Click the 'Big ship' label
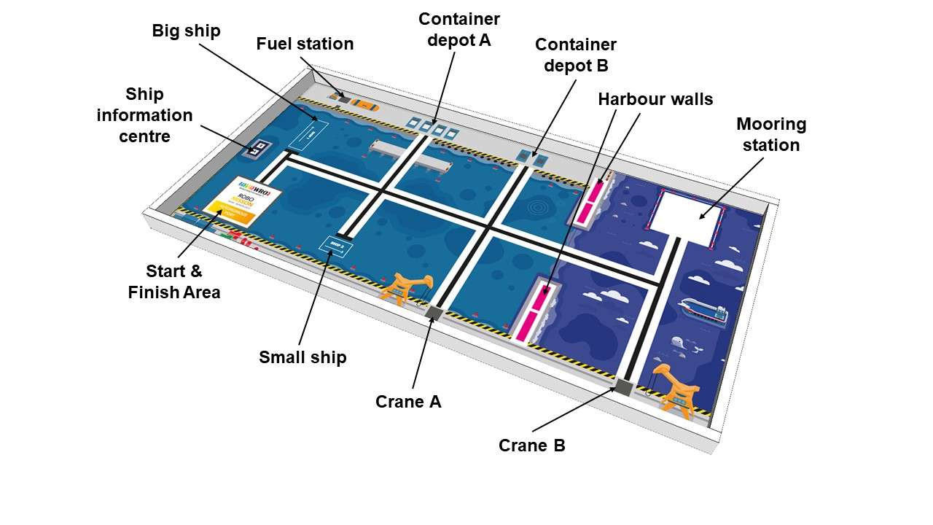(x=186, y=31)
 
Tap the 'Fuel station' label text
(x=305, y=44)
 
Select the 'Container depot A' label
(x=459, y=29)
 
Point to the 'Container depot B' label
(x=576, y=55)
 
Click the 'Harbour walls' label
(x=655, y=99)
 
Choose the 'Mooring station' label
(x=771, y=134)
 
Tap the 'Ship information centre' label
(x=144, y=114)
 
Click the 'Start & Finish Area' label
(x=174, y=281)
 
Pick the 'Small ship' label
(x=302, y=357)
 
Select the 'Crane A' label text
(x=408, y=402)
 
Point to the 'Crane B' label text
(x=531, y=445)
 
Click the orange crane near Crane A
(x=405, y=286)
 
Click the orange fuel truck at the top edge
(x=364, y=104)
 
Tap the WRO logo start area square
(x=237, y=203)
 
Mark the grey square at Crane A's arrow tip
(x=434, y=314)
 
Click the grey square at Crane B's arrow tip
(x=624, y=387)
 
